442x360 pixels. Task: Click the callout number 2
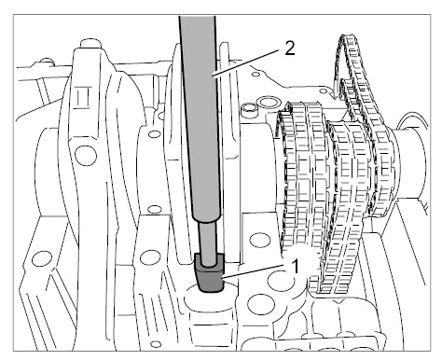click(x=289, y=48)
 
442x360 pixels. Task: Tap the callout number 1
click(x=295, y=267)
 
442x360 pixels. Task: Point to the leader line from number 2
click(x=245, y=63)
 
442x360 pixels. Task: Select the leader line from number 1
click(x=254, y=271)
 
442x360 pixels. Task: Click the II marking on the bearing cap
click(x=83, y=98)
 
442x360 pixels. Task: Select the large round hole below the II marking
click(x=86, y=155)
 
